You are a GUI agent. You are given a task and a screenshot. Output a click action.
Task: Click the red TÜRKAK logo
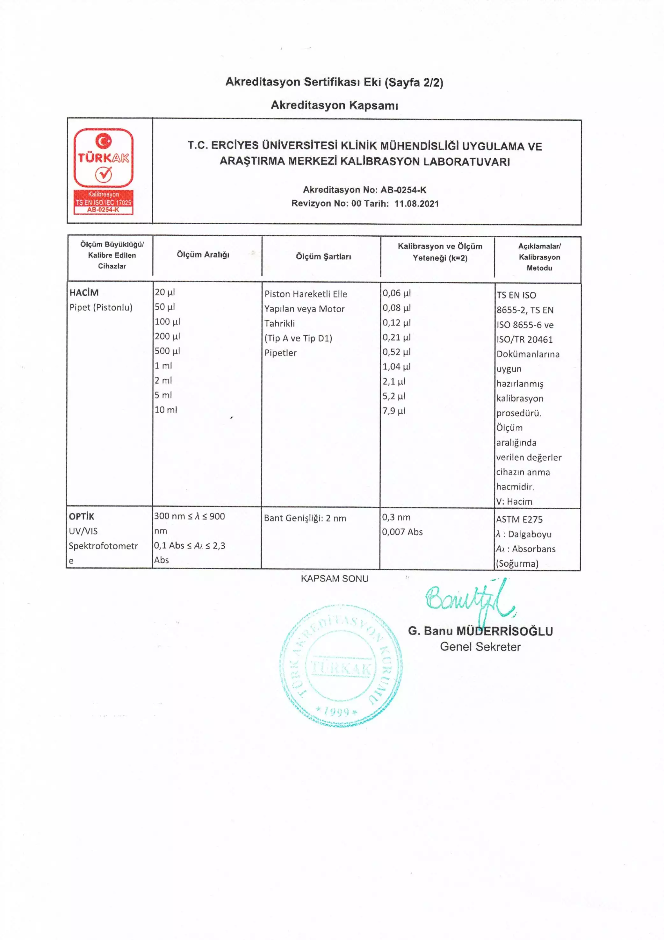click(103, 171)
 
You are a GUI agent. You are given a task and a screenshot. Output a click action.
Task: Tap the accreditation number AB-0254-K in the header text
click(403, 190)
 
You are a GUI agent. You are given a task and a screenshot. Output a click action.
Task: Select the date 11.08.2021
click(416, 204)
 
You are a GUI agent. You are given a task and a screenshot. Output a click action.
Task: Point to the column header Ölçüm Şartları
click(323, 257)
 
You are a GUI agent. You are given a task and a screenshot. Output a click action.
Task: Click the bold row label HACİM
click(84, 293)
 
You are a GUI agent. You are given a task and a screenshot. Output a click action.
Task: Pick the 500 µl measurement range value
click(167, 351)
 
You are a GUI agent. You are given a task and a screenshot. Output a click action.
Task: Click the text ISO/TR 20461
click(524, 339)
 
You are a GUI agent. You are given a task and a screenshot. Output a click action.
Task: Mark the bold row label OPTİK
click(82, 516)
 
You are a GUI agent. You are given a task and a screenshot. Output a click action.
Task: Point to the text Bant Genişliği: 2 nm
click(305, 518)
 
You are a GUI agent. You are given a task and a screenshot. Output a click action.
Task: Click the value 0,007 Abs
click(402, 532)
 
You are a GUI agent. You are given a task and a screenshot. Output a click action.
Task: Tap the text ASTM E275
click(519, 520)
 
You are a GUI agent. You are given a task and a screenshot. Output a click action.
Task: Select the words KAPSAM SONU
click(334, 578)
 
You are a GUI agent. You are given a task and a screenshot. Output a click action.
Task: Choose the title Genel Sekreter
click(480, 647)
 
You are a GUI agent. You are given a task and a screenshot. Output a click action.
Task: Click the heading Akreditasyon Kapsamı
click(334, 105)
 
